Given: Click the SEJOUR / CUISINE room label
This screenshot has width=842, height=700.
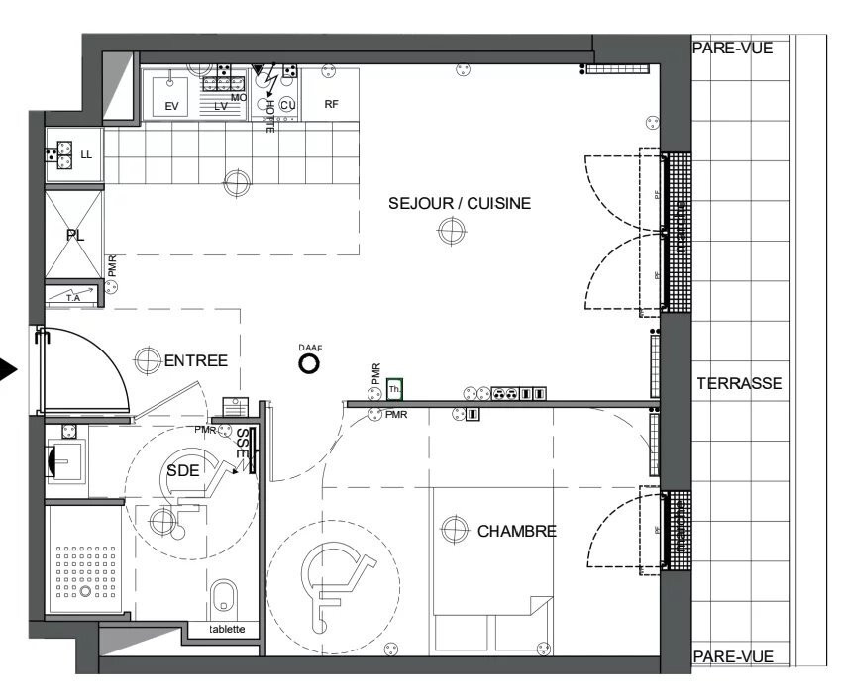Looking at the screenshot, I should (460, 204).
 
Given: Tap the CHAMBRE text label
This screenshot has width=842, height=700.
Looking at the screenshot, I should (516, 532).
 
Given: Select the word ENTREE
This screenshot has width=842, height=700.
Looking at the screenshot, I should (195, 361).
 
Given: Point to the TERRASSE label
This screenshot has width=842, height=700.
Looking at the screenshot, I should (739, 384).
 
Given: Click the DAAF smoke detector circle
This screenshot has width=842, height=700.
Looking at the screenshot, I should (309, 364).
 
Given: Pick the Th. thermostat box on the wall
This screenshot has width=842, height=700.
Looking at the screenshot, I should (395, 389).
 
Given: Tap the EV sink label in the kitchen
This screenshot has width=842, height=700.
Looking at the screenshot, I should (172, 106).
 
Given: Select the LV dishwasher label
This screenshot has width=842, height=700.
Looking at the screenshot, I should (220, 106).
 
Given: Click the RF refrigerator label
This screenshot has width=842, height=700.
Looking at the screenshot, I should (332, 104).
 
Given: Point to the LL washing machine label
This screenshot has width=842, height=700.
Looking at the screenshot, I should (86, 155).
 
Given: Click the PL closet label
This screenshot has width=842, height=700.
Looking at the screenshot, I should (74, 236).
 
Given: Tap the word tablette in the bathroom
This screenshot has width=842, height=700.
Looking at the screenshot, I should (227, 630).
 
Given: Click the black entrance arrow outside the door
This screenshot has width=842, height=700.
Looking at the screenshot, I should (9, 371).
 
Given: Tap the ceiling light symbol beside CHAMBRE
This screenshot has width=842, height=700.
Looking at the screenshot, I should (455, 530).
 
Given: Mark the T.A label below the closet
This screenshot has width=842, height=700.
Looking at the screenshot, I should (72, 296).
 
